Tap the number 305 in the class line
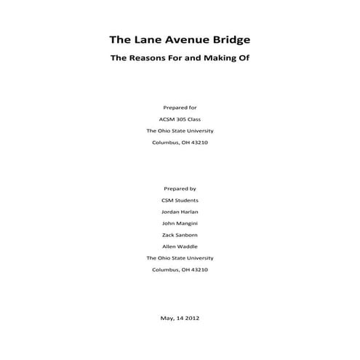183,119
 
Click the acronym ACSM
165,119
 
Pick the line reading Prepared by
180,188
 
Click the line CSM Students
180,200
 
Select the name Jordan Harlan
180,212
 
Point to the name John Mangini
180,223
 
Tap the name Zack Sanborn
180,235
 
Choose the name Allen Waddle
180,247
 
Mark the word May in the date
165,317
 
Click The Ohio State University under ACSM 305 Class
180,131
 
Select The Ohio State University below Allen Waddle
180,258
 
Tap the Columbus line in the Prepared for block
180,143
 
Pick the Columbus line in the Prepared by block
180,270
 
